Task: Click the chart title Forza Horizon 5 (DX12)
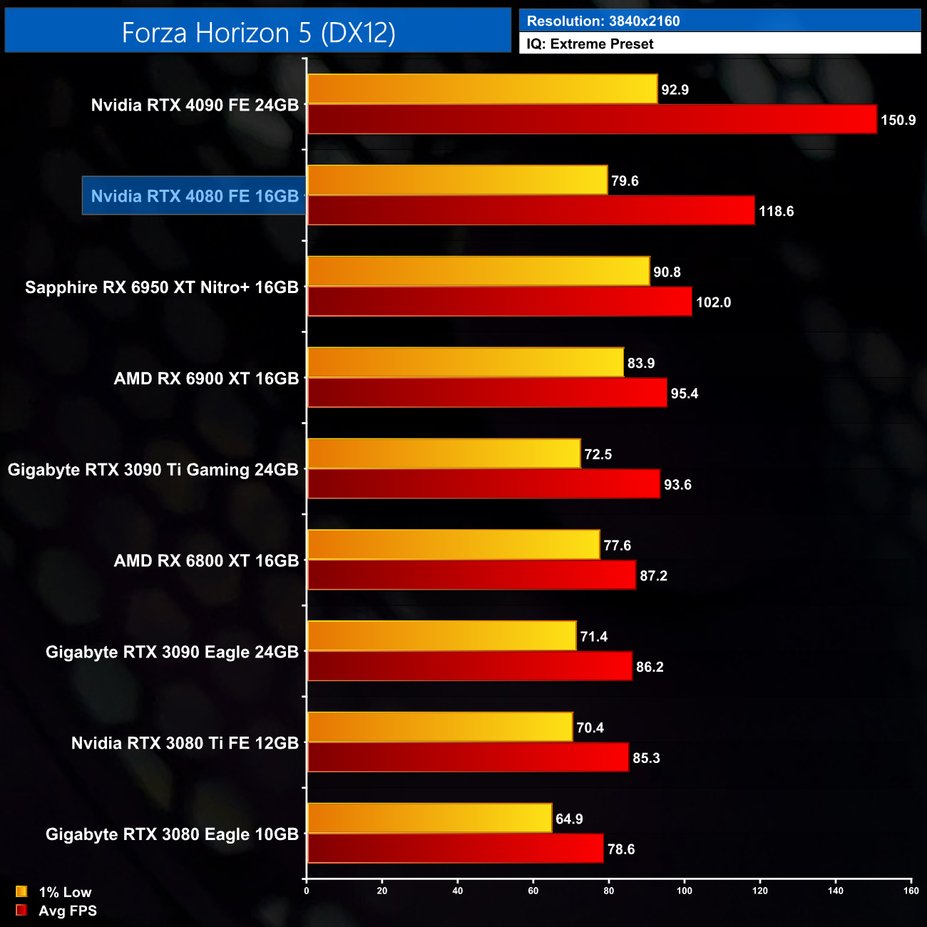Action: click(x=258, y=33)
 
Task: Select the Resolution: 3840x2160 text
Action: click(x=603, y=21)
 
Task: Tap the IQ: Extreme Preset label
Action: click(x=590, y=44)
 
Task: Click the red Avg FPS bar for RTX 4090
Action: click(x=592, y=119)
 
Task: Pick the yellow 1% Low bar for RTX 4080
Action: click(x=457, y=180)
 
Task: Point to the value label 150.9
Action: click(x=898, y=120)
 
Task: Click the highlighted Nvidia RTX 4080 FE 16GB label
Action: click(x=195, y=196)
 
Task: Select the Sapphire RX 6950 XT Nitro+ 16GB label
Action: click(x=162, y=287)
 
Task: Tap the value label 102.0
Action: click(x=713, y=302)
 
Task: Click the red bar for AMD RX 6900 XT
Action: click(x=487, y=393)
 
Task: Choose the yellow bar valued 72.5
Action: click(x=444, y=454)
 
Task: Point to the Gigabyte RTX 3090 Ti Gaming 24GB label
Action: click(x=153, y=470)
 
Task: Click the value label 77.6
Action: click(x=617, y=546)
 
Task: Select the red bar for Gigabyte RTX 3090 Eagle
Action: click(x=469, y=666)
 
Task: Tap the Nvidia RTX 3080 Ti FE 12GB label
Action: click(x=185, y=743)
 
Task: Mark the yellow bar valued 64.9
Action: click(x=429, y=818)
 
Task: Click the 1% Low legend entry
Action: click(x=54, y=892)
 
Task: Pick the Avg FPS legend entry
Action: click(x=56, y=911)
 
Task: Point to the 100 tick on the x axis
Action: click(x=685, y=891)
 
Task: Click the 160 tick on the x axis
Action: click(x=911, y=891)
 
